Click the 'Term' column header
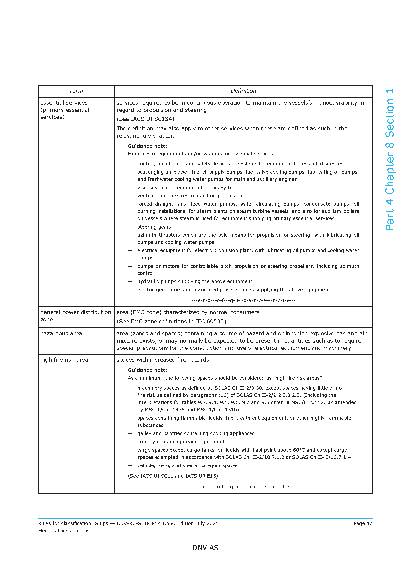[x=76, y=91]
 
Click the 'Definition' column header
[x=243, y=91]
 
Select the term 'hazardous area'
[x=61, y=334]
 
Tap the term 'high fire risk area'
[x=64, y=360]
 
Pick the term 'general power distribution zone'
[x=76, y=316]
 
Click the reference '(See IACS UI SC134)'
[x=145, y=119]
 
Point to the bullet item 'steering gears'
[x=154, y=227]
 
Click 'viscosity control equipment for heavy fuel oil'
[x=190, y=188]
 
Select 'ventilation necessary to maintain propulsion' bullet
[x=190, y=195]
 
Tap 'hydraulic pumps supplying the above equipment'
[x=195, y=281]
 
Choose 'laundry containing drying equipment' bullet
[x=181, y=442]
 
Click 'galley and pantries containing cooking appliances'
[x=196, y=433]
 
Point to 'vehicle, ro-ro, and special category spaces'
[x=188, y=465]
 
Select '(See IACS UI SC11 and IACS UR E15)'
[x=173, y=476]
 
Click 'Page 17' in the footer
[x=363, y=523]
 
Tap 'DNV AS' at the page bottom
[x=205, y=548]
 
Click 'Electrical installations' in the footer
[x=64, y=531]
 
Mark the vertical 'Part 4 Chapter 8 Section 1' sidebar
[x=389, y=159]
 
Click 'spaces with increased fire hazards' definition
[x=163, y=360]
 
